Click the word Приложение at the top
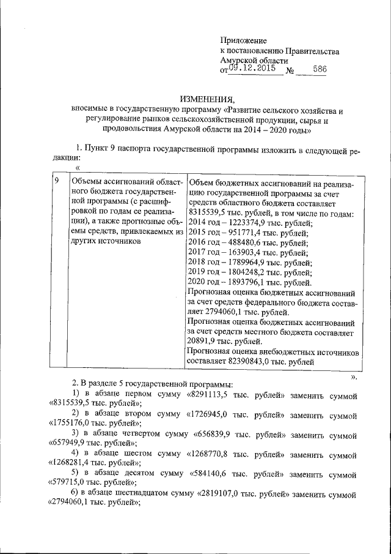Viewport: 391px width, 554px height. (x=243, y=40)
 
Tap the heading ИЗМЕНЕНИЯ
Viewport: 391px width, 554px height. (x=206, y=100)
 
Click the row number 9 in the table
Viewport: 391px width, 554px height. (x=57, y=181)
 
